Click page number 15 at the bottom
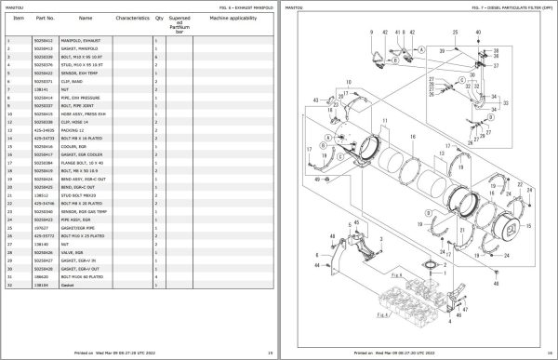click(x=269, y=353)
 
